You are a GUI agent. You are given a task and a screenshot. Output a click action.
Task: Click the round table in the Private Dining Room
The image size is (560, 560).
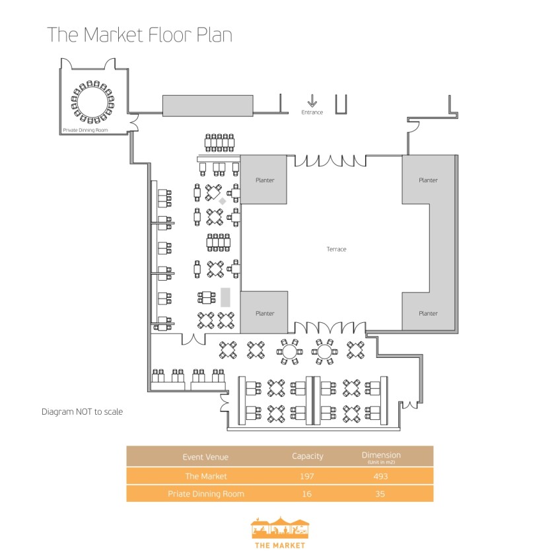tap(92, 102)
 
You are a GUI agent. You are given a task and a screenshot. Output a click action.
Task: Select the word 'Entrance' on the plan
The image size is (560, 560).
tap(312, 112)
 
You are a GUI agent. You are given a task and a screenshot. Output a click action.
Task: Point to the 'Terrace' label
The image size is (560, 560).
tap(336, 249)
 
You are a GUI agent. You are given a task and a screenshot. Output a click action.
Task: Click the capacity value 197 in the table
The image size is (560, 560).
tap(308, 476)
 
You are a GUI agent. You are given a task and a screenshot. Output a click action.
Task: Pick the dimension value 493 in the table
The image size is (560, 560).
tap(381, 476)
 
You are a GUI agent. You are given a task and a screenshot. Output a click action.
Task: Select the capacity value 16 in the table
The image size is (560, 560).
tap(308, 493)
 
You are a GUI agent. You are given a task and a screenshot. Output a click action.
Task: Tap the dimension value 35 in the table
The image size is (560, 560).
tap(381, 493)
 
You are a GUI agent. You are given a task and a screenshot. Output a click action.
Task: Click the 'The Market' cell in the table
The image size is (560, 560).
tap(206, 476)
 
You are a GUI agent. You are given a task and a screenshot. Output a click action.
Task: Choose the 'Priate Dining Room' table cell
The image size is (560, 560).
tap(206, 493)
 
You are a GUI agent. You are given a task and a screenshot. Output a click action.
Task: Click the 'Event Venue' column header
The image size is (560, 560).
tap(206, 456)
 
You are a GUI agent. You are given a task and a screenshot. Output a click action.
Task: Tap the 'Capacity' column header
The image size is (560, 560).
tap(308, 456)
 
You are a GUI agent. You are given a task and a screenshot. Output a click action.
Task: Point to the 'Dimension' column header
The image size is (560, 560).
tap(381, 454)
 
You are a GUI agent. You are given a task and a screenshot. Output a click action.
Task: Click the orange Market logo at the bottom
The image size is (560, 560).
tap(280, 531)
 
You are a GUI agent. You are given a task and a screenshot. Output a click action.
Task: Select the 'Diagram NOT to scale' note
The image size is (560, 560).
tap(82, 411)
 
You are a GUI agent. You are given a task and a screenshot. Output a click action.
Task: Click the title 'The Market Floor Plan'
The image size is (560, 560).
tap(139, 35)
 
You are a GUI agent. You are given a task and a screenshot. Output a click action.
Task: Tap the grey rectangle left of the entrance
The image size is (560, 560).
tap(208, 105)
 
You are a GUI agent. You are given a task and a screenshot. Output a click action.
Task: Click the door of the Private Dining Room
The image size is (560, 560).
tap(134, 122)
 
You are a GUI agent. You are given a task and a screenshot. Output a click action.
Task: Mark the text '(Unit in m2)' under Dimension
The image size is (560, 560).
tap(381, 462)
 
